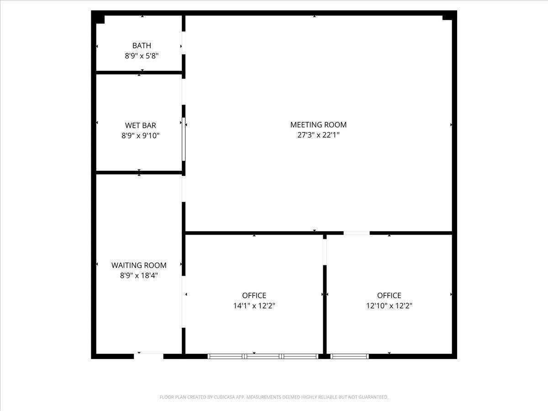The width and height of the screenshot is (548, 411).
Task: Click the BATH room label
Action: (x=142, y=45)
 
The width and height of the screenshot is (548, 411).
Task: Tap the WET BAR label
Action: (x=141, y=125)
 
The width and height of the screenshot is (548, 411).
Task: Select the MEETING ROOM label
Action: (x=318, y=125)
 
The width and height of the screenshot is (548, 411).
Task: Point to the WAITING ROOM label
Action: (x=139, y=265)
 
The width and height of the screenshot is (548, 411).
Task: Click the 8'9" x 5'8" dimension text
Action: (x=142, y=56)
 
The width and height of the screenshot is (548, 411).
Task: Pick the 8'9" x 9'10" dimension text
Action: (x=141, y=136)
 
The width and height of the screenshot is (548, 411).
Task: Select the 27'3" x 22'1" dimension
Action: (x=318, y=135)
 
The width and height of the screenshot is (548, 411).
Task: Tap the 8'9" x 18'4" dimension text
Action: (x=139, y=275)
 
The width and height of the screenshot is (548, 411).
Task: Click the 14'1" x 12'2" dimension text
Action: (x=254, y=306)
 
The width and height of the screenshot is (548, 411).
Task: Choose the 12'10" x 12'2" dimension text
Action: (x=389, y=306)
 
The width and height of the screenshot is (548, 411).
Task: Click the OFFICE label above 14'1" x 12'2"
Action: (x=254, y=295)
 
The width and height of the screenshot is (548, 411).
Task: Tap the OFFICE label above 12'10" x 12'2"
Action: (x=389, y=295)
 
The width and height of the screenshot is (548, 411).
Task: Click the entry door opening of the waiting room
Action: (x=148, y=356)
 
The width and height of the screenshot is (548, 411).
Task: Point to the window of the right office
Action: (x=349, y=356)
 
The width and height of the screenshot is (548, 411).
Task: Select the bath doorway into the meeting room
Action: (x=184, y=43)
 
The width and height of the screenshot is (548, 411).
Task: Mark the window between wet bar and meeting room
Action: (x=184, y=139)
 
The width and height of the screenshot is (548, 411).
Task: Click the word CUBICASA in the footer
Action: (x=223, y=397)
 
